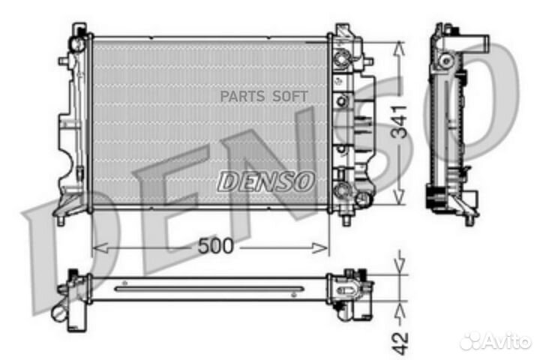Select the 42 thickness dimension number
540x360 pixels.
(x=402, y=334)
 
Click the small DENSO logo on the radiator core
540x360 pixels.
(x=265, y=180)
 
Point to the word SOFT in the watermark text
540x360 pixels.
(x=289, y=96)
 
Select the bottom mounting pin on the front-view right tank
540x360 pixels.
(x=346, y=220)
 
